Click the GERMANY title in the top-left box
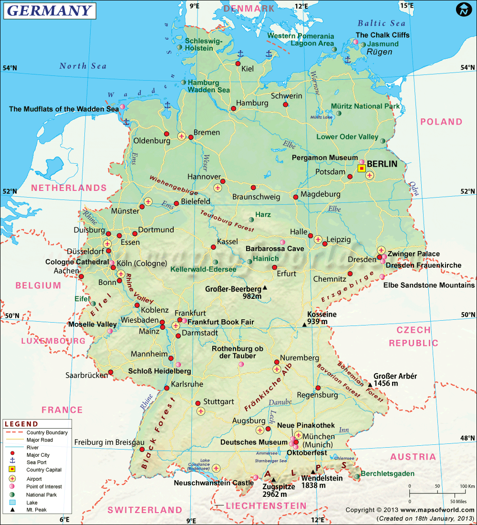[x=49, y=10]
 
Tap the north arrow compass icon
[x=463, y=10]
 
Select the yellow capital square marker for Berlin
[x=362, y=168]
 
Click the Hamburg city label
[x=252, y=103]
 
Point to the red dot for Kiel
[x=238, y=63]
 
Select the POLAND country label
[x=441, y=122]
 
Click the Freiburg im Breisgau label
[x=109, y=442]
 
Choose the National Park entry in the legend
[x=41, y=495]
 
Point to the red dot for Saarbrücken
[x=111, y=372]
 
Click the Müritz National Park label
[x=365, y=106]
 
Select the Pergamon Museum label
[x=324, y=157]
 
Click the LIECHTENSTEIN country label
[x=266, y=505]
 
